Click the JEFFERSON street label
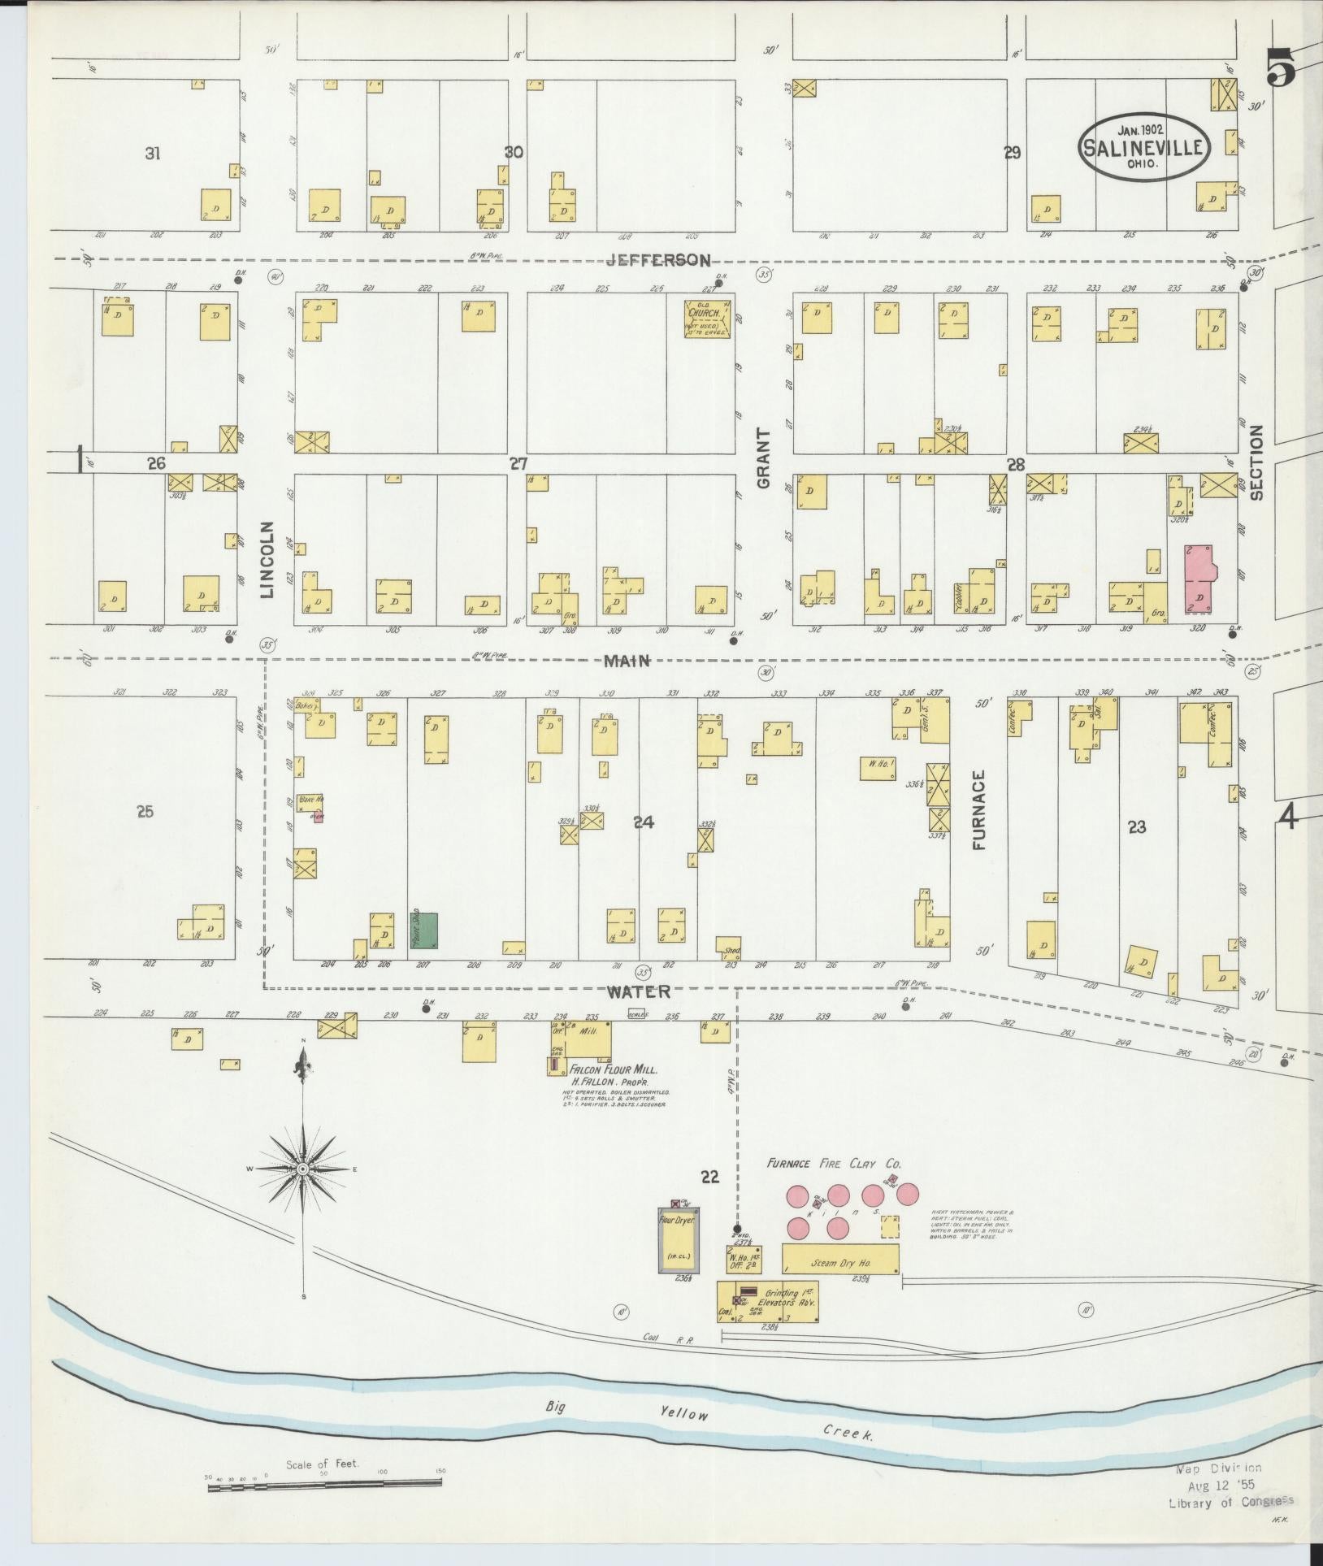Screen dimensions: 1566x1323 pyautogui.click(x=657, y=260)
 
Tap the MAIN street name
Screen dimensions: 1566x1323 pyautogui.click(x=627, y=661)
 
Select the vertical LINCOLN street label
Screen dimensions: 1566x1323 pyautogui.click(x=268, y=559)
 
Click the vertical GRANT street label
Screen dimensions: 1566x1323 pyautogui.click(x=764, y=458)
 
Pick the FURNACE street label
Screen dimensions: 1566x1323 pyautogui.click(x=979, y=809)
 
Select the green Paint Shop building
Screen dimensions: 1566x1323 pyautogui.click(x=423, y=930)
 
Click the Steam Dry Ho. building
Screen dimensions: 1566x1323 pyautogui.click(x=840, y=1264)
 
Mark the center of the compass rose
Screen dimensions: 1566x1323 pyautogui.click(x=302, y=1169)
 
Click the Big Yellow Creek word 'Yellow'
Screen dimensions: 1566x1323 pyautogui.click(x=683, y=1414)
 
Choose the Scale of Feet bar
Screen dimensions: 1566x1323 pyautogui.click(x=324, y=1481)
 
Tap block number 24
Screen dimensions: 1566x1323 pyautogui.click(x=643, y=822)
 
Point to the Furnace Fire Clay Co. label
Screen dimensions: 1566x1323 pyautogui.click(x=834, y=1164)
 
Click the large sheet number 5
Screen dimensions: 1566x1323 pyautogui.click(x=1281, y=67)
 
